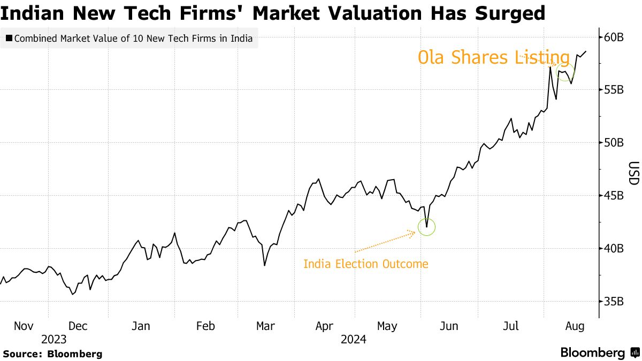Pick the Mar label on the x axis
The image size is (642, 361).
pos(265,326)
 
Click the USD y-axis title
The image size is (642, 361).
pos(633,173)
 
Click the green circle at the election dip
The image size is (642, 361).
pos(427,227)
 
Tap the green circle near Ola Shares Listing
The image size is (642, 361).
pos(565,72)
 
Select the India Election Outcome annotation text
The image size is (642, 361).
pos(366,264)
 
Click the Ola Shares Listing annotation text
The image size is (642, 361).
pos(493,57)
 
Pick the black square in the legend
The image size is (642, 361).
pos(9,39)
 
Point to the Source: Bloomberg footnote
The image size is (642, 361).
pos(52,354)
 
